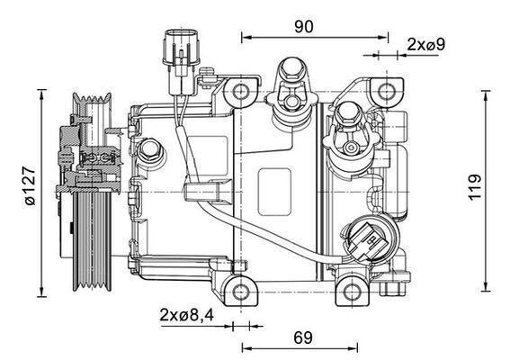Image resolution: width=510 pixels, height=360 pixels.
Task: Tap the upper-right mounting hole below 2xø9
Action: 388,91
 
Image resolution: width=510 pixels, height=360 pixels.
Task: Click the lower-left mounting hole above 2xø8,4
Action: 237,290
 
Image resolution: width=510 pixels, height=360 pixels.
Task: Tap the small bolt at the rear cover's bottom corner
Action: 393,290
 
